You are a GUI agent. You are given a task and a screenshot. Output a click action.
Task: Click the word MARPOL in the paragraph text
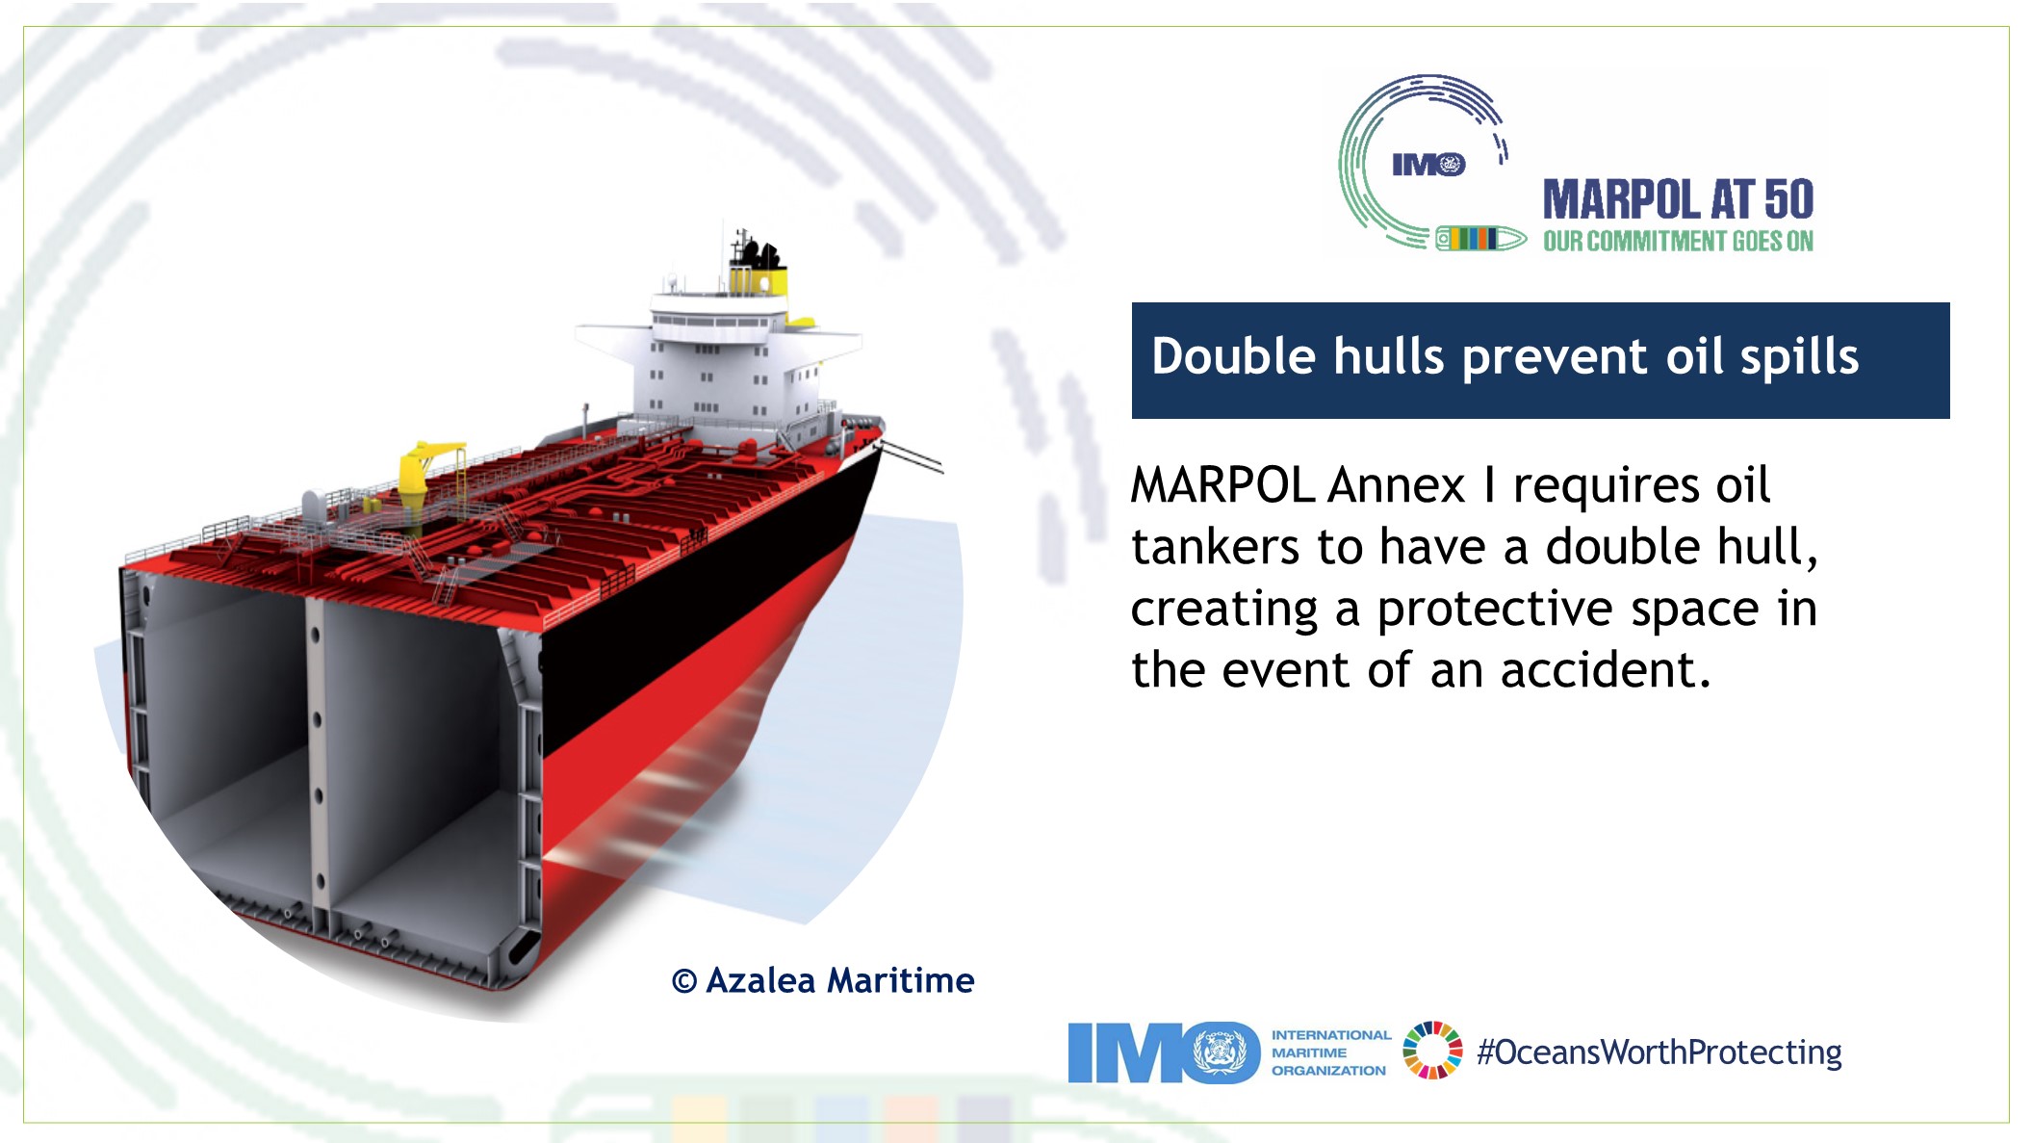click(x=1222, y=485)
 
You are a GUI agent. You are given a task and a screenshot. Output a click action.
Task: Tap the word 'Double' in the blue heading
click(x=1233, y=356)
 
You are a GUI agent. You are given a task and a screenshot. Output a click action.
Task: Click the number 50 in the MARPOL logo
click(x=1789, y=200)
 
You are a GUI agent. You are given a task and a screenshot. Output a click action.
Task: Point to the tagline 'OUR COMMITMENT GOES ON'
click(x=1678, y=241)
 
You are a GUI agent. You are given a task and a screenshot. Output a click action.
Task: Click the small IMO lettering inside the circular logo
click(x=1428, y=165)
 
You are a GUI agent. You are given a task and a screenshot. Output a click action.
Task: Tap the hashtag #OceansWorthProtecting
click(x=1659, y=1052)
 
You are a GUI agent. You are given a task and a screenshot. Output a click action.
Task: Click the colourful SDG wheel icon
click(x=1432, y=1051)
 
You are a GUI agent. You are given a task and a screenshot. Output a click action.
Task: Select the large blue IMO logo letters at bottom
click(x=1164, y=1052)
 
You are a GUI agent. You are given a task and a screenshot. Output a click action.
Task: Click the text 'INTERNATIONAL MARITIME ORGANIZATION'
click(x=1331, y=1052)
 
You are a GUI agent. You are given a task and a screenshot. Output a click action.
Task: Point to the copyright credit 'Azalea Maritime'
click(x=839, y=980)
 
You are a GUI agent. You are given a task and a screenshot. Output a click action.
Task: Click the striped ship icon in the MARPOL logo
click(x=1480, y=238)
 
